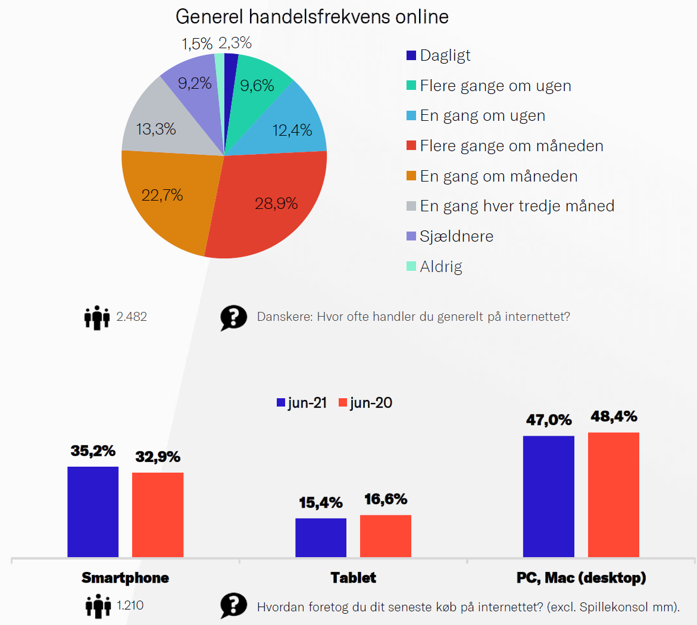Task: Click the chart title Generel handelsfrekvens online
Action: pyautogui.click(x=312, y=17)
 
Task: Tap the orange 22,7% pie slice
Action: pyautogui.click(x=167, y=196)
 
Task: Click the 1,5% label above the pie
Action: pyautogui.click(x=196, y=43)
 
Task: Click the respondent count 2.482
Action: pyautogui.click(x=132, y=317)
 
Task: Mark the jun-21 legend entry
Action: pyautogui.click(x=302, y=403)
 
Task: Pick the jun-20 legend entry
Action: pyautogui.click(x=365, y=403)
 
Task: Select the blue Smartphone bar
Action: pyautogui.click(x=93, y=512)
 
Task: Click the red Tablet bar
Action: pyautogui.click(x=386, y=536)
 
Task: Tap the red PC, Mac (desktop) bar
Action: pyautogui.click(x=614, y=495)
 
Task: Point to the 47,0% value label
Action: pyautogui.click(x=549, y=420)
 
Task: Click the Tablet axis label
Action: pyautogui.click(x=354, y=577)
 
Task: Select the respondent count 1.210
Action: pyautogui.click(x=130, y=605)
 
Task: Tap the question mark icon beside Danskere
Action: pyautogui.click(x=233, y=318)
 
